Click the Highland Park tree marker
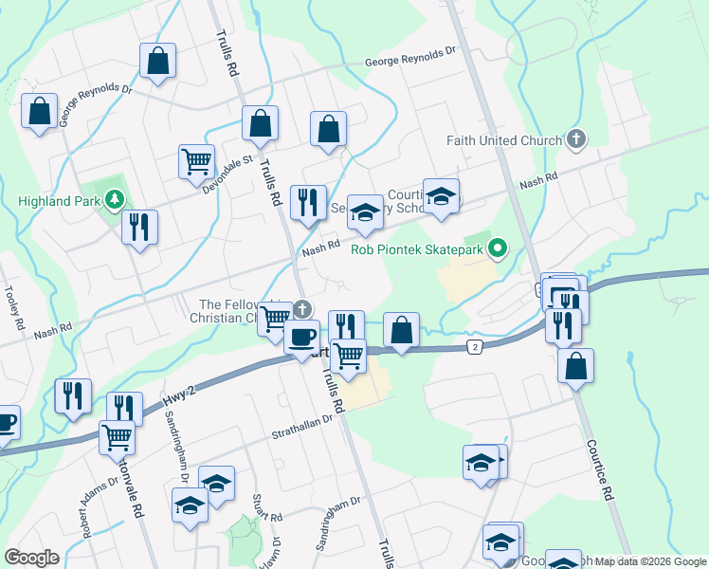tap(115, 199)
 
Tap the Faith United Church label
tap(504, 141)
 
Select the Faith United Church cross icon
tap(575, 140)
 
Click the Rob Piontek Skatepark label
tap(417, 250)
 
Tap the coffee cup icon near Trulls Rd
tap(302, 337)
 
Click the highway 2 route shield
tap(475, 347)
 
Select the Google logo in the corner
tap(32, 558)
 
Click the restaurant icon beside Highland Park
tap(140, 228)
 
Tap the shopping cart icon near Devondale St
tap(196, 160)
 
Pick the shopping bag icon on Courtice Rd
tap(575, 366)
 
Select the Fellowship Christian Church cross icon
tap(302, 309)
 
